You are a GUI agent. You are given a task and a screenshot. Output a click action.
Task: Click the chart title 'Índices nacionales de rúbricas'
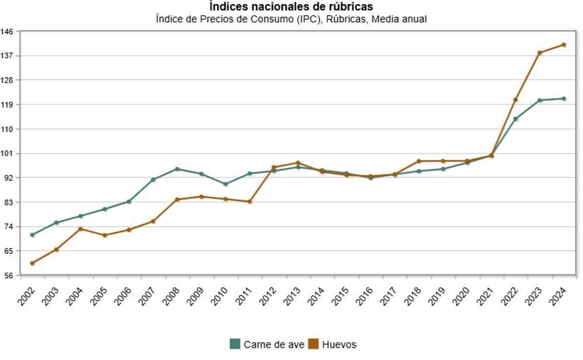point(291,7)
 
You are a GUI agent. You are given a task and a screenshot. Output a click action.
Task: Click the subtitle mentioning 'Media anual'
point(291,19)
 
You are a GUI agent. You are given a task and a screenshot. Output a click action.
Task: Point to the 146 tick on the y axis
point(10,31)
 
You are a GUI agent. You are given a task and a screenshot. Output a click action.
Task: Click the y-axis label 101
point(10,154)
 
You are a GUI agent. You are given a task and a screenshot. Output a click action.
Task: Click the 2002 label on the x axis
point(27,296)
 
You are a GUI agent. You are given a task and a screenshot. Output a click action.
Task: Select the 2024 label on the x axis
point(558,296)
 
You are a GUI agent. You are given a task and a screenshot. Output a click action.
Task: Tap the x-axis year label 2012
point(268,296)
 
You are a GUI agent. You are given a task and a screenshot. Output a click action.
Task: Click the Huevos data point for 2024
point(564,45)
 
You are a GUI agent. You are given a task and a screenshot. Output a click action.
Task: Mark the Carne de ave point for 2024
point(564,99)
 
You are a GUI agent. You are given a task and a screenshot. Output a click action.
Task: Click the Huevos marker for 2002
point(32,263)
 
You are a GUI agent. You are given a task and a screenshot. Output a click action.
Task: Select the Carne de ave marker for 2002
point(32,235)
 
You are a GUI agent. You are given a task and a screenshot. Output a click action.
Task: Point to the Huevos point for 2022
point(515,100)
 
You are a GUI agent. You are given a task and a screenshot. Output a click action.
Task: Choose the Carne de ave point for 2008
point(177,169)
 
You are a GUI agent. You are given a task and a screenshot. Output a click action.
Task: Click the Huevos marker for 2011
point(250,202)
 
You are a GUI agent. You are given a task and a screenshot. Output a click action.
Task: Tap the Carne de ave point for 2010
point(225,184)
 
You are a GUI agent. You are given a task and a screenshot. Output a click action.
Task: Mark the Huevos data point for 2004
point(80,229)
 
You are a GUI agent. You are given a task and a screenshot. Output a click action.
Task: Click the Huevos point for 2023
point(539,52)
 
